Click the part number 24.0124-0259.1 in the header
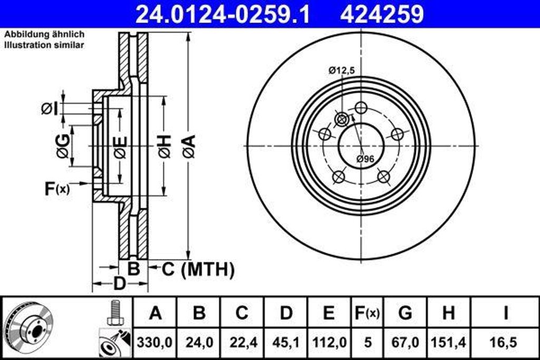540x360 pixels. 223,14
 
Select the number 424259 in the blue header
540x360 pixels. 382,14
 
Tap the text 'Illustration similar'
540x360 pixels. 44,45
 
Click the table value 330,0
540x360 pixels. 155,342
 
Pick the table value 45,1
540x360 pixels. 285,342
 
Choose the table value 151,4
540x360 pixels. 448,342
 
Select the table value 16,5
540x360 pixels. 505,342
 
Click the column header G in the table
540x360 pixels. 404,313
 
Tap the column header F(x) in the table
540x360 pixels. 366,313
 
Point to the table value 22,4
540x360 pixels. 242,342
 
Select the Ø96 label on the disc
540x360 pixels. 365,159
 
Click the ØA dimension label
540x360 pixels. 189,147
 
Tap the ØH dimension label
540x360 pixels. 165,147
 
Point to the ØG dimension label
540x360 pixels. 63,147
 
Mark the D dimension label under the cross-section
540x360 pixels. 120,284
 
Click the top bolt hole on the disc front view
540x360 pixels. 361,108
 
